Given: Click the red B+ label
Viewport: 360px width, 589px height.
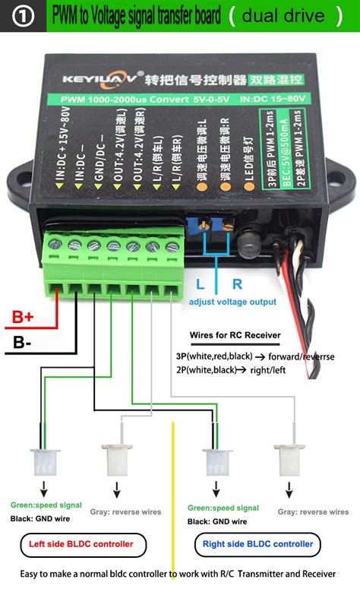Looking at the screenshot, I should click(24, 318).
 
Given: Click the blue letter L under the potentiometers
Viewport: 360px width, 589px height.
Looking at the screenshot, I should click(199, 284).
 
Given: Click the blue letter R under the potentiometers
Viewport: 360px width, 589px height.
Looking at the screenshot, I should click(236, 284).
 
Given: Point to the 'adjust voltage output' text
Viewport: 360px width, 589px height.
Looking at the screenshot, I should click(232, 302).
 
